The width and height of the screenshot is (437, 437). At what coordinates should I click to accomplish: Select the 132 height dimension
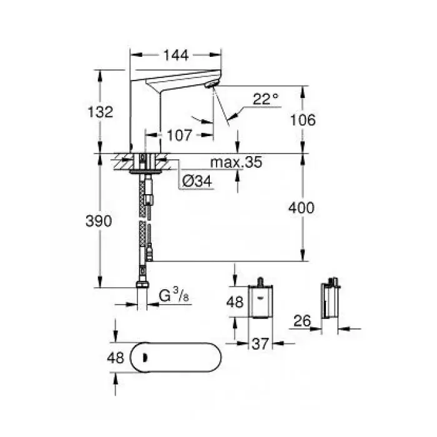click(x=100, y=112)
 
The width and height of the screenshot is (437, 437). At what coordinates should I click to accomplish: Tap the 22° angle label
click(x=266, y=99)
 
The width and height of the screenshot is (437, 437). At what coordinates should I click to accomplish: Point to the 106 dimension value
click(x=304, y=120)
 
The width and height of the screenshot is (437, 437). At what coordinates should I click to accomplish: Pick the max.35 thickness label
click(x=236, y=163)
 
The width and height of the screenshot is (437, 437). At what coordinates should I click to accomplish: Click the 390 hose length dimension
click(x=100, y=221)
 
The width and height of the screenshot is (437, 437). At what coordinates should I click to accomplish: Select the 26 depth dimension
click(x=303, y=322)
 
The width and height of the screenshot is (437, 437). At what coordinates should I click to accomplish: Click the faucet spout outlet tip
click(x=214, y=86)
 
